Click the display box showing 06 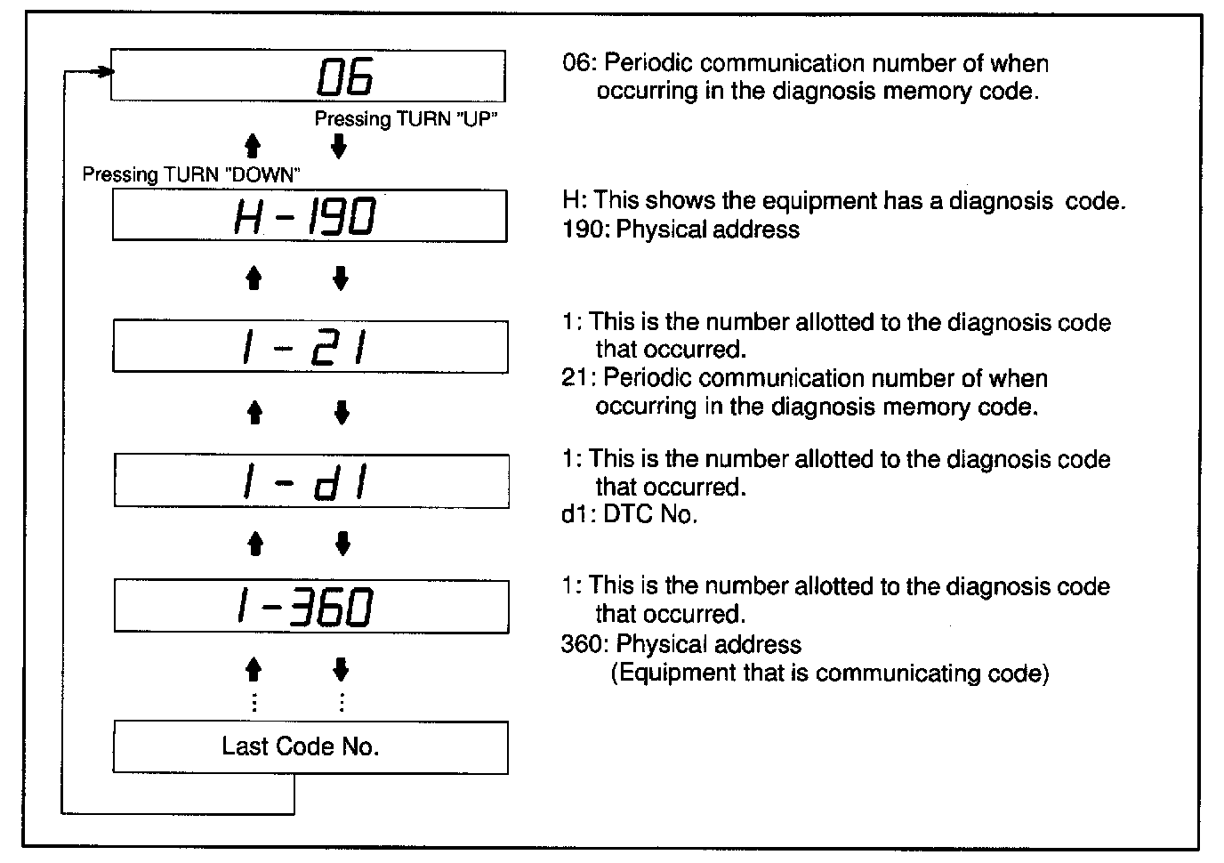point(309,77)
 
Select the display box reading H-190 point(309,215)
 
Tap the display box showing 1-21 point(309,347)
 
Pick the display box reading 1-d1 point(310,481)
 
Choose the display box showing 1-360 point(310,607)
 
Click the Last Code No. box point(310,747)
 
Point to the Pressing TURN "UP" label point(405,119)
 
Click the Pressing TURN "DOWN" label point(191,174)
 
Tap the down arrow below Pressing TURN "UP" point(338,147)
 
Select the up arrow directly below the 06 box point(253,147)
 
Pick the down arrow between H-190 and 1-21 point(340,279)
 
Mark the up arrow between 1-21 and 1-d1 point(254,412)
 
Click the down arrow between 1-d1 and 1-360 point(342,543)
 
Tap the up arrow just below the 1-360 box point(254,669)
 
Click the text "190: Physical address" point(680,230)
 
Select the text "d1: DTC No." point(629,514)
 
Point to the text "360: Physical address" point(680,644)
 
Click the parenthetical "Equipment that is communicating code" point(830,673)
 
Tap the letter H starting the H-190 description point(571,201)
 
